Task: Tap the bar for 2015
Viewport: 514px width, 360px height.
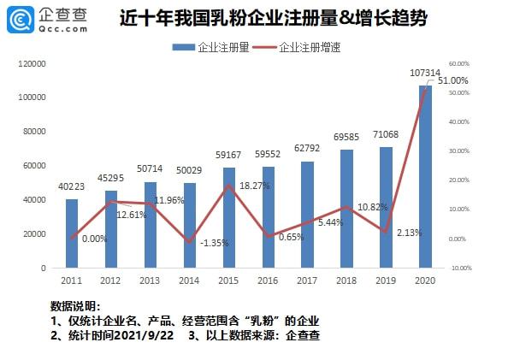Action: click(x=229, y=217)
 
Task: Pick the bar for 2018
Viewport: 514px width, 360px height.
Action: click(x=346, y=209)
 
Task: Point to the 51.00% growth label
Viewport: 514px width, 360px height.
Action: click(x=452, y=80)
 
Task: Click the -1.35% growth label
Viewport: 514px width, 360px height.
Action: click(x=215, y=243)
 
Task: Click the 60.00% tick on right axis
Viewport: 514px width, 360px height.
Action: click(x=459, y=63)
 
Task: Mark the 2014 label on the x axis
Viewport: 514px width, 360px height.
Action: click(x=190, y=280)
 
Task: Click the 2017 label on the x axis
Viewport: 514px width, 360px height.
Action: click(x=307, y=280)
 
